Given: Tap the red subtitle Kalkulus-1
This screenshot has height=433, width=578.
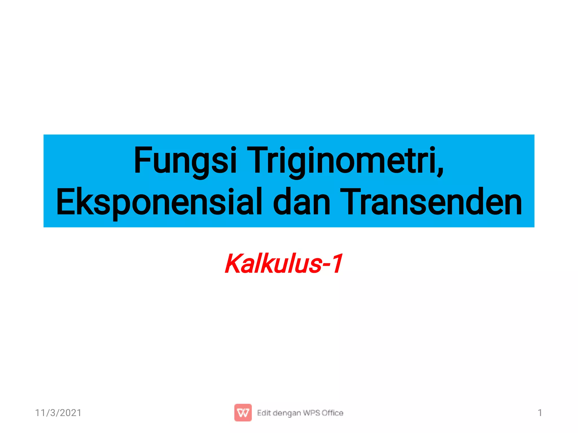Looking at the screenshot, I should point(284,264).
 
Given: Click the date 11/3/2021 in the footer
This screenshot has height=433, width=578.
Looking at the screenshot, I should point(58,413).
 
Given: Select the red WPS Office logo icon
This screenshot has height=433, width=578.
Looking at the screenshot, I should point(243,413).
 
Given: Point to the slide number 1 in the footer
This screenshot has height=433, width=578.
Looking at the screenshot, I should point(540,413).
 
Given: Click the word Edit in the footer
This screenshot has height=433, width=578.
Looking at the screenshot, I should point(264,413).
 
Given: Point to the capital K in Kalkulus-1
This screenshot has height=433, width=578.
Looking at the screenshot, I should point(234,264).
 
